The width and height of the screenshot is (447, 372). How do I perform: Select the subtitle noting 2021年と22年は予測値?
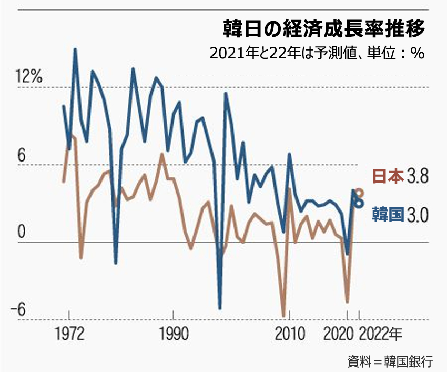(316, 54)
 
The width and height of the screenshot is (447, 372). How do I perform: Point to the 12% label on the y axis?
(29, 77)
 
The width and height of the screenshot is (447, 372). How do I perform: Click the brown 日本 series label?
(388, 176)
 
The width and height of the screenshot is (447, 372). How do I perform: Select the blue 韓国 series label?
(388, 214)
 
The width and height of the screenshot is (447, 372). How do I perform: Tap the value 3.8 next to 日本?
(418, 176)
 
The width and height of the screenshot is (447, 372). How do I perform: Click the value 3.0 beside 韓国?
(418, 214)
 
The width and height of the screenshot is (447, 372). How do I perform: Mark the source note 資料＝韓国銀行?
(390, 361)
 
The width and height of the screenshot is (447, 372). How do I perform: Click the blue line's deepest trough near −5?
(220, 308)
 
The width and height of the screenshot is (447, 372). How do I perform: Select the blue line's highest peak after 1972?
(75, 49)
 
